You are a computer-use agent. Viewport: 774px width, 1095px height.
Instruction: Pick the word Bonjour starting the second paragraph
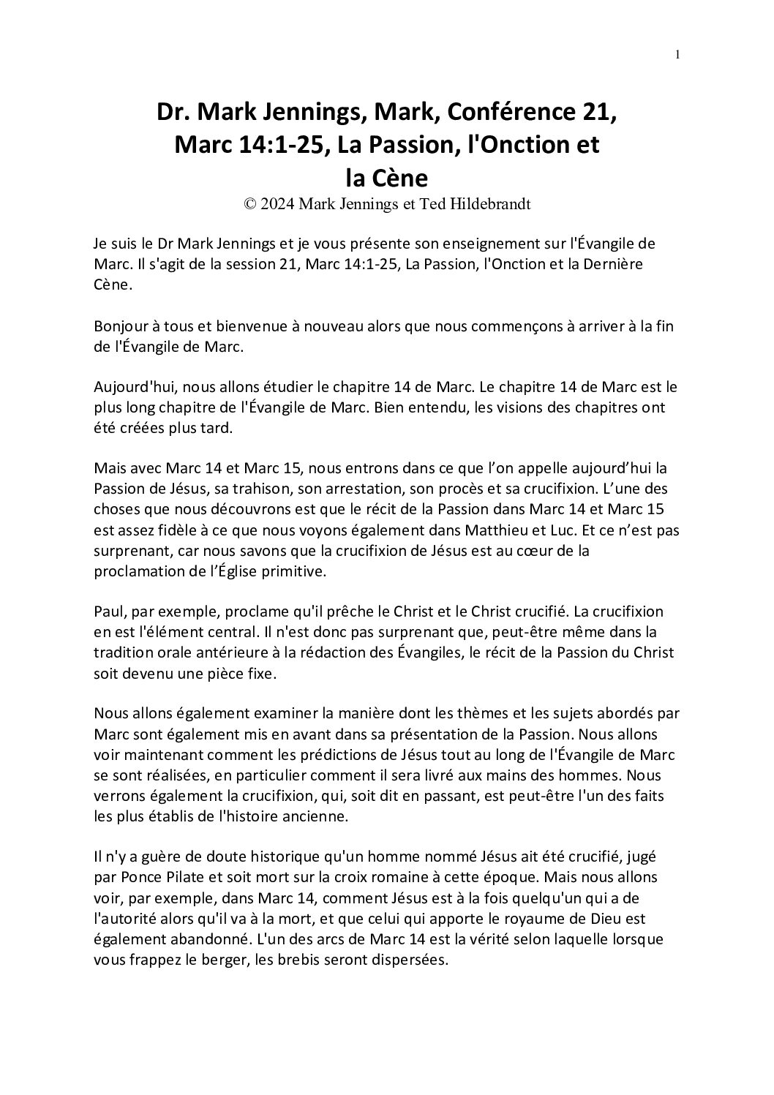click(121, 328)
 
